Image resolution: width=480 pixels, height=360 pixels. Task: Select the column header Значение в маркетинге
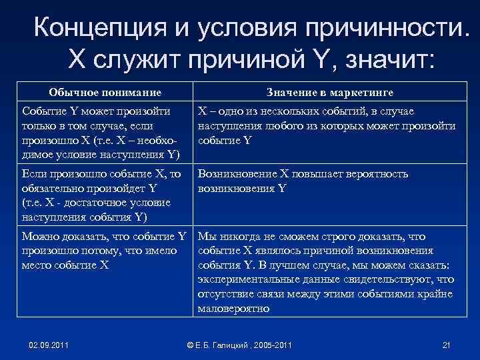click(330, 93)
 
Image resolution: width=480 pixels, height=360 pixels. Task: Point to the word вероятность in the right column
click(385, 174)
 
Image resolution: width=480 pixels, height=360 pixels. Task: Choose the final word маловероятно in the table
click(233, 309)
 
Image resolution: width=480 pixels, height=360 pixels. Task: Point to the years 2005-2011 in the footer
click(273, 345)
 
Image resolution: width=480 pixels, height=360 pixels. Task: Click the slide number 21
click(447, 345)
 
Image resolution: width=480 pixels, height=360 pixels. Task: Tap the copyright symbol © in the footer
click(191, 345)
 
